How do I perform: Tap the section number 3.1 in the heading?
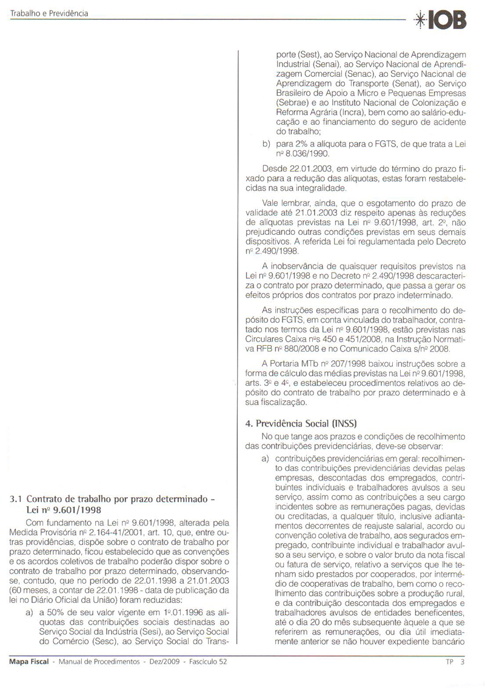point(16,500)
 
